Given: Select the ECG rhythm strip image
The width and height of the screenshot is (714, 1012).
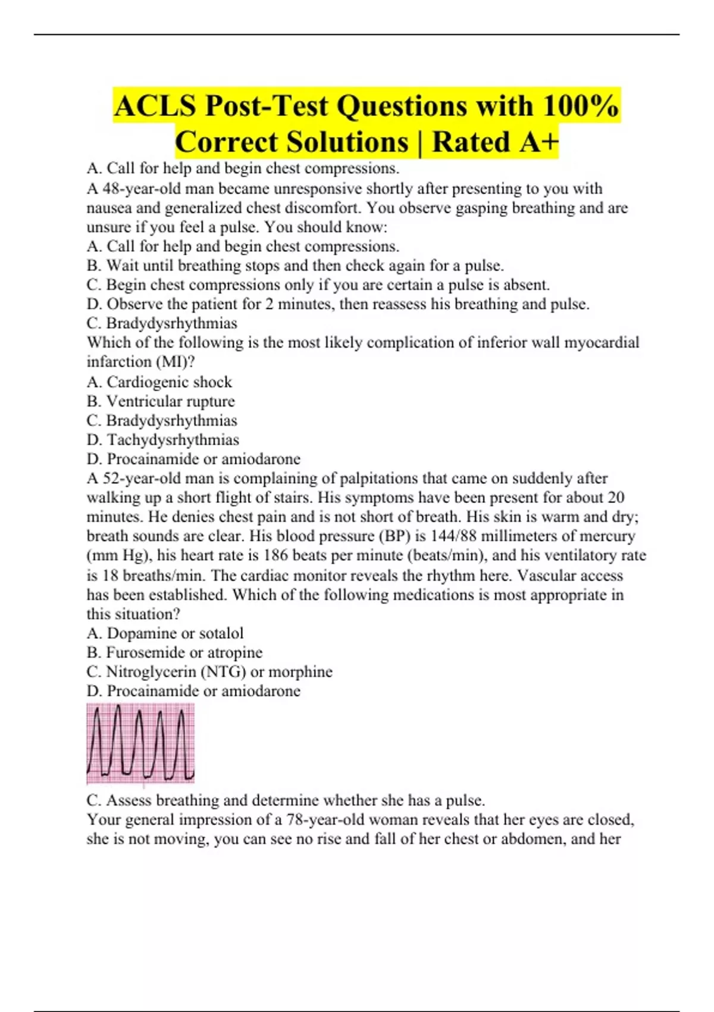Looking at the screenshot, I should coord(140,743).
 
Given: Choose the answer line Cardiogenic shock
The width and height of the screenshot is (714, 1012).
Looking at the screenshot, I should coord(159,382).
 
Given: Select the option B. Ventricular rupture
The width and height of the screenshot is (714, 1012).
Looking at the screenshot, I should coord(161,401).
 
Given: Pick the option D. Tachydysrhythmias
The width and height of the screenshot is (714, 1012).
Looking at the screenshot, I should coord(163,440).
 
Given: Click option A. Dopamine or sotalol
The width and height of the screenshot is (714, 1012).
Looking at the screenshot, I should coord(165,633).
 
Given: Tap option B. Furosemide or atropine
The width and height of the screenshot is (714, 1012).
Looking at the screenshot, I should coord(174,652).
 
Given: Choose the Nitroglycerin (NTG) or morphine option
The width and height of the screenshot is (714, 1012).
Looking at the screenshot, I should coord(209,671).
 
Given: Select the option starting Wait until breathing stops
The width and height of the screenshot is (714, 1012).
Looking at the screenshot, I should coord(295,266).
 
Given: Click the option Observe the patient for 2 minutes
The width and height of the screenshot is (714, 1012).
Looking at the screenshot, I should coord(338,304).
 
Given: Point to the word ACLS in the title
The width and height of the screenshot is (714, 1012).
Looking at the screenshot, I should coord(155,106).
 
